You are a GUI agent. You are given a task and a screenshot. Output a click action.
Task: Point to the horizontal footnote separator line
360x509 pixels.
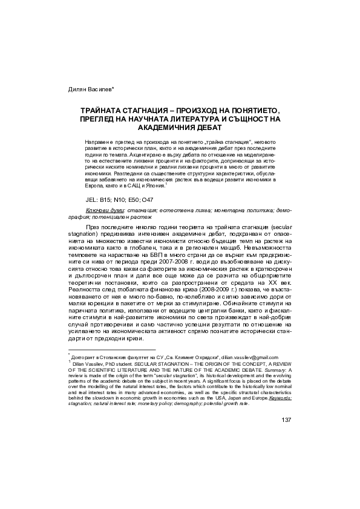coord(113,350)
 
